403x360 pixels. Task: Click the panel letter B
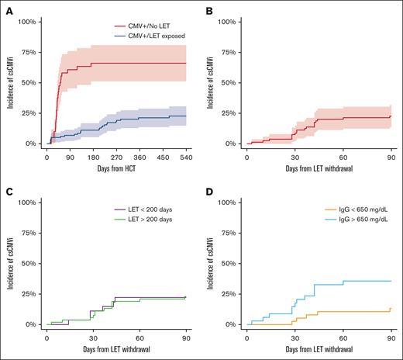pos(210,7)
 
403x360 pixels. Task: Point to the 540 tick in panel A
pos(184,157)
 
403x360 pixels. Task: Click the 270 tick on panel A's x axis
pos(115,157)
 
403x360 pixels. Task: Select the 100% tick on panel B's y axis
pos(230,21)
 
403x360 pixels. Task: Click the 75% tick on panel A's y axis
pos(28,52)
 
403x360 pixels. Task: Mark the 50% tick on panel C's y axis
pos(28,263)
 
